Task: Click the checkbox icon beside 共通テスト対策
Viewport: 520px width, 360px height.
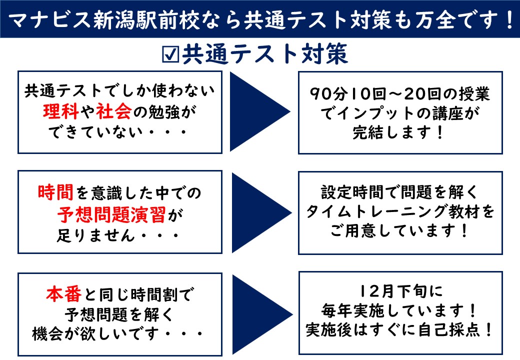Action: [171, 54]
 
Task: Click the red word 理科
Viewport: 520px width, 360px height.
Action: [60, 111]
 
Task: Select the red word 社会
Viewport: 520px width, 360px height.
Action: [114, 111]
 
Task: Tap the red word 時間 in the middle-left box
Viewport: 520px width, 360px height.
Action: [55, 192]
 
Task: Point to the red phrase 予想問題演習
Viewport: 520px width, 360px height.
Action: [112, 215]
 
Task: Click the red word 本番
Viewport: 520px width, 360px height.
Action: [63, 294]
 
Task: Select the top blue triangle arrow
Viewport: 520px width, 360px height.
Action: [259, 111]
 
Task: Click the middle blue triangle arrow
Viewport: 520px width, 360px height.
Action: [261, 213]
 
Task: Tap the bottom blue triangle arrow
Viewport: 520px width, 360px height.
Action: [262, 314]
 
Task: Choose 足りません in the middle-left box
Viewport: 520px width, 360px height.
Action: [95, 235]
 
